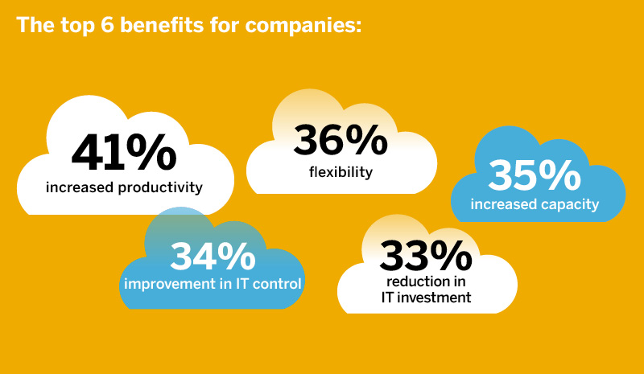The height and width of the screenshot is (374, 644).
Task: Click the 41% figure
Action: coord(122,153)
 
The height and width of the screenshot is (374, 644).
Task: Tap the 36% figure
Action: coord(340,140)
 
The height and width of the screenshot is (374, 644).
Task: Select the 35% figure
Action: coord(535,175)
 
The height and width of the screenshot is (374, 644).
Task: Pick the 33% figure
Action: coord(426,256)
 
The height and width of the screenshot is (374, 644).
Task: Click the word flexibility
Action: coord(341,171)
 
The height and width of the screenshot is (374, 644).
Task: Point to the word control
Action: coord(279,283)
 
